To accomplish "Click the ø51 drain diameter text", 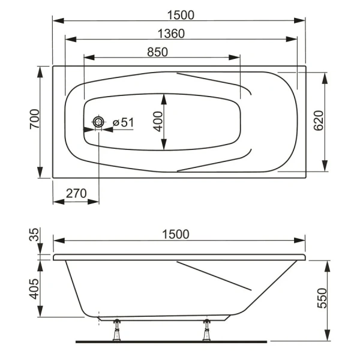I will point(122,122).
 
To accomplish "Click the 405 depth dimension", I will point(34,289).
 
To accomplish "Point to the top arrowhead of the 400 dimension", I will point(164,97).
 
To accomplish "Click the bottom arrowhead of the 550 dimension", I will point(327,337).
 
